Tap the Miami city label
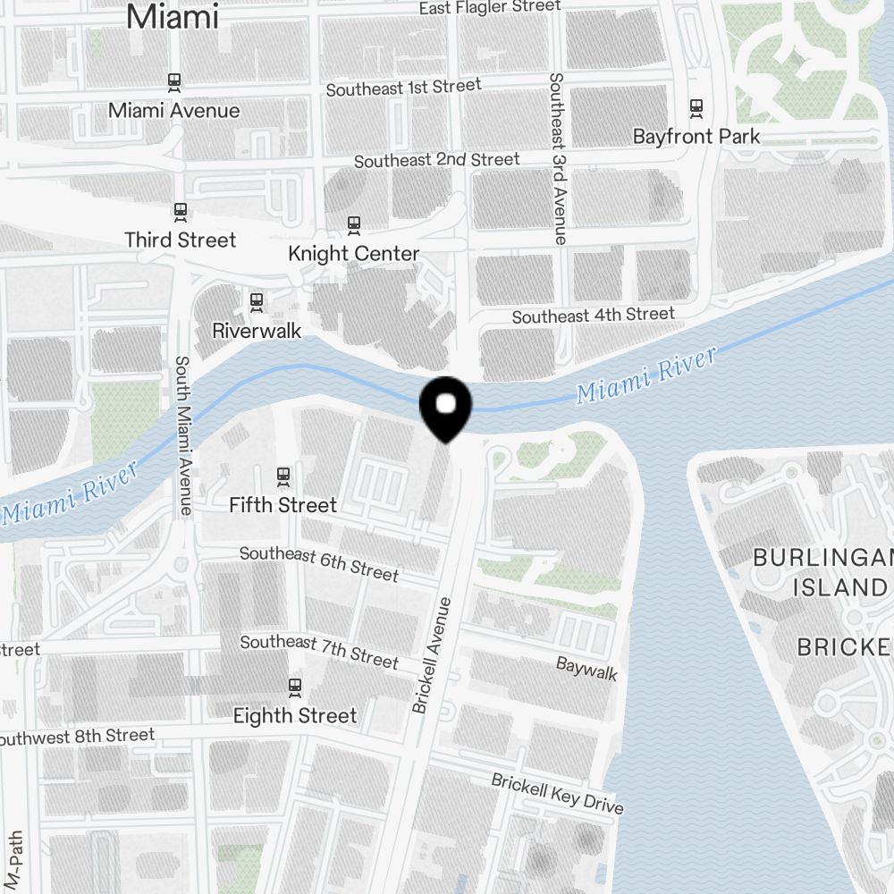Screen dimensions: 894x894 coord(173,17)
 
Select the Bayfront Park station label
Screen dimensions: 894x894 coord(696,137)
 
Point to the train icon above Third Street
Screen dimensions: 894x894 coord(181,213)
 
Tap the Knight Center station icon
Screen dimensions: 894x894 coord(354,225)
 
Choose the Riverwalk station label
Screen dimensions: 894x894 coord(257,331)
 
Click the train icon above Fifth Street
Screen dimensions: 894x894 coord(283,477)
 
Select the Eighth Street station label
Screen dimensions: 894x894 coord(295,716)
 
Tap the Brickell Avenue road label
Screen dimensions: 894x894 coord(433,655)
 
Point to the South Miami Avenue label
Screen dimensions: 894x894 coord(183,436)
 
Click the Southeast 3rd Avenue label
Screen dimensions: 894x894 coord(558,158)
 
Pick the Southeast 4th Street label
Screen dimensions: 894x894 coord(593,316)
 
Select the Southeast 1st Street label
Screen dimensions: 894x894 coord(404,88)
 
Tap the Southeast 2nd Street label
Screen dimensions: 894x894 coord(436,161)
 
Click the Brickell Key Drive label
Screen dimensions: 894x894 coord(557,793)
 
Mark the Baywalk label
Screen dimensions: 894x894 coord(586,669)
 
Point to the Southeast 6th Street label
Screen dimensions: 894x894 coord(319,563)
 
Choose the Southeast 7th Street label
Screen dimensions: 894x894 coord(319,652)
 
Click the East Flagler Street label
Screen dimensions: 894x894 coord(490,8)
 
